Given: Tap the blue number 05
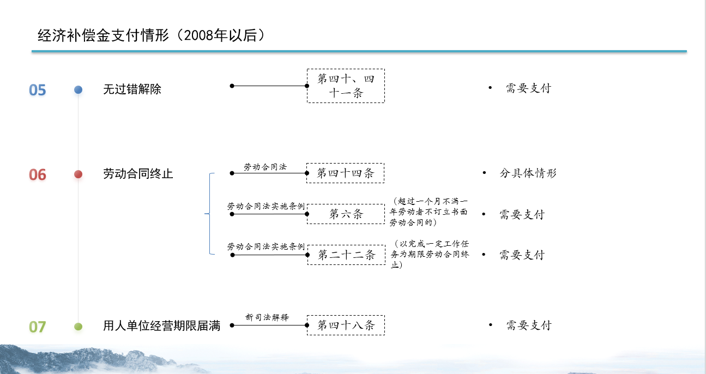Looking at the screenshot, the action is tap(38, 90).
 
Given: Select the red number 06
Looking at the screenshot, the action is tap(38, 174).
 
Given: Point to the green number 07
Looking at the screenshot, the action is tap(38, 327).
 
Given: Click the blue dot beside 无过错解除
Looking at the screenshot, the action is tap(78, 90).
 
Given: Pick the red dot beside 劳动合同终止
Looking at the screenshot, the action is tap(78, 174).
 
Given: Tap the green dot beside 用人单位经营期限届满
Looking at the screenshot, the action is tap(78, 327).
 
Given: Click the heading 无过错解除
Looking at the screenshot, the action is tap(132, 89).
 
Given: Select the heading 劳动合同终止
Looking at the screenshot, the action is tap(138, 173).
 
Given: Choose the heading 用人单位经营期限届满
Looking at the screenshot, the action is tap(162, 326).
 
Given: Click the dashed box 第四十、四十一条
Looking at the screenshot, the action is tap(346, 86).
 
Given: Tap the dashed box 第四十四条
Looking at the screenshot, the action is tap(346, 173).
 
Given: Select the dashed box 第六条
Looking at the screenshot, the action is tap(346, 214).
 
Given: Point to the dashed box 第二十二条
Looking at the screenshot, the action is tap(346, 255).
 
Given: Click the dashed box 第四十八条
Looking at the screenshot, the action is tap(346, 325).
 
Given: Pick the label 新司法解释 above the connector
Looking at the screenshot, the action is tap(267, 317).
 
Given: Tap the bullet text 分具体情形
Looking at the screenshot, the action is tap(528, 173).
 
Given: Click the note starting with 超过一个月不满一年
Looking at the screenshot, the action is tap(429, 212).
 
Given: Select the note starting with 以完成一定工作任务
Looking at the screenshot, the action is tap(430, 254).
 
